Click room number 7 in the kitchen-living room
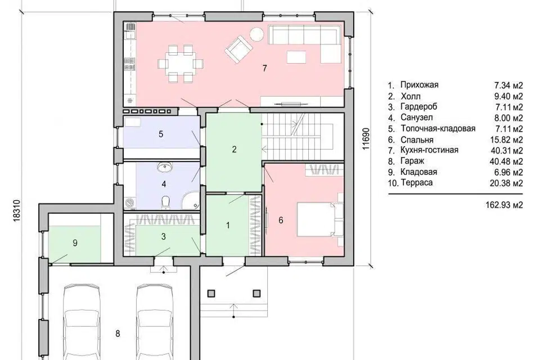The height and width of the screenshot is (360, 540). tap(264, 68)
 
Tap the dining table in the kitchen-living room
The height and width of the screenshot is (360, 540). tap(181, 64)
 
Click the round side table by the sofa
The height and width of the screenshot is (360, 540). tap(256, 34)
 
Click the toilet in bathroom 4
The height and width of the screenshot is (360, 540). tap(165, 202)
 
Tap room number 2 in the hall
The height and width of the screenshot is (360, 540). tap(235, 149)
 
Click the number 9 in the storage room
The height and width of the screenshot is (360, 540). tap(75, 243)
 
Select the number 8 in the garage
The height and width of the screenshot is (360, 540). tap(118, 334)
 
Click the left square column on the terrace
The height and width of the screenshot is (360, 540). tap(211, 293)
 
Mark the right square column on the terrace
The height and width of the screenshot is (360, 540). tap(256, 293)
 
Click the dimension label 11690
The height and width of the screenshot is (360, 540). tap(366, 139)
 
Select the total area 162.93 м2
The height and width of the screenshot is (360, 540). tap(504, 205)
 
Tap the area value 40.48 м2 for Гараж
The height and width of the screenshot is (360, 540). tap(506, 161)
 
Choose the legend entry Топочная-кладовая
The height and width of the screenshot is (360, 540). tap(438, 128)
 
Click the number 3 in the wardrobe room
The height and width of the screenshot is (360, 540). tap(164, 237)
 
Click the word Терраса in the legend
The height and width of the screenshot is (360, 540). tap(416, 183)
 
